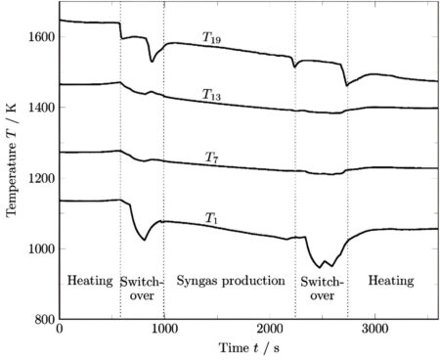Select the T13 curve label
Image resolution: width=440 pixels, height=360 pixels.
click(211, 94)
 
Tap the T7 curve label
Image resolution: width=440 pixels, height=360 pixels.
click(211, 157)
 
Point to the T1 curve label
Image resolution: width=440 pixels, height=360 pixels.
click(211, 217)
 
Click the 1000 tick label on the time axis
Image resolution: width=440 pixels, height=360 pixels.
click(163, 331)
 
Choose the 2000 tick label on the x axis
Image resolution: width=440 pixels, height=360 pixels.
click(268, 331)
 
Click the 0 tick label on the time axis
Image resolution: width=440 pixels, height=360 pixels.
click(60, 331)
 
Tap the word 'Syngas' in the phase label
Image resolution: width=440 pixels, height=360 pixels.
click(198, 282)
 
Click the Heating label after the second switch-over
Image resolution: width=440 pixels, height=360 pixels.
click(390, 281)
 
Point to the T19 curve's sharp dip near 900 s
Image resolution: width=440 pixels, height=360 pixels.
click(152, 62)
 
